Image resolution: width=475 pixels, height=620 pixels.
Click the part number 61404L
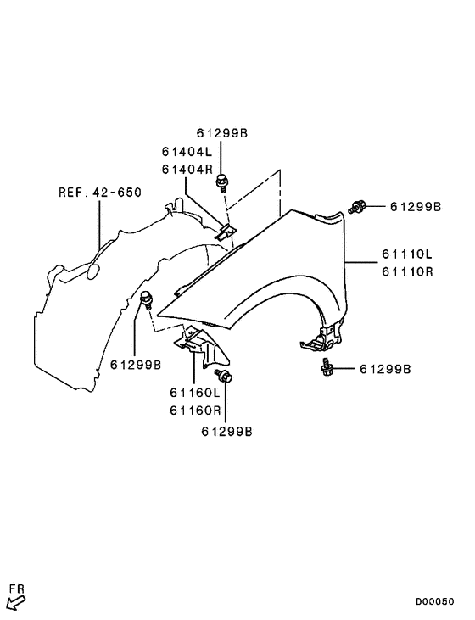pos(187,152)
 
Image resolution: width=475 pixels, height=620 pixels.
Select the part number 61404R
pos(187,169)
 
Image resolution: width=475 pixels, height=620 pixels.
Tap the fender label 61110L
pos(407,254)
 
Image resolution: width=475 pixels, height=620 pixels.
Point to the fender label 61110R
pos(407,271)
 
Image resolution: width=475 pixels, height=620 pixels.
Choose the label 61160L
pos(195,393)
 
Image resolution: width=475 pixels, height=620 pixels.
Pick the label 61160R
pos(195,410)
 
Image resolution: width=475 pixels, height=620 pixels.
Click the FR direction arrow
pos(14,602)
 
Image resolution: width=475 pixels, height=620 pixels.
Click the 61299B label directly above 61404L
pos(222,134)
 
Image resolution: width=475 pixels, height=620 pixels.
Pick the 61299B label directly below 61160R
pos(226,431)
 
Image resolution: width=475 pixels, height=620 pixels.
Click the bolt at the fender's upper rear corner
pos(357,206)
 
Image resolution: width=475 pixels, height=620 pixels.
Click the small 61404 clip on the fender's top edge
pos(226,229)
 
